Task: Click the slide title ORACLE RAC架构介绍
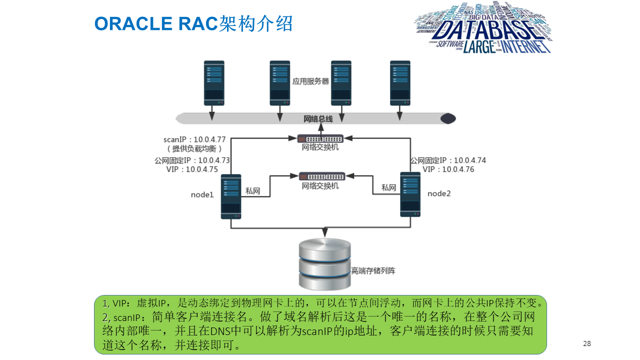pyautogui.click(x=193, y=23)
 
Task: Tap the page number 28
pyautogui.click(x=587, y=343)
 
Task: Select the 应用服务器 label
pyautogui.click(x=310, y=81)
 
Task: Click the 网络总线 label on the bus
pyautogui.click(x=318, y=119)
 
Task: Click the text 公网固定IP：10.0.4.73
pyautogui.click(x=192, y=160)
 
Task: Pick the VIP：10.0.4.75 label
pyautogui.click(x=192, y=169)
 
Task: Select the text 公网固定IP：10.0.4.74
pyautogui.click(x=448, y=160)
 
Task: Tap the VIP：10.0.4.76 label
pyautogui.click(x=448, y=169)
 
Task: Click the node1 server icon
pyautogui.click(x=231, y=196)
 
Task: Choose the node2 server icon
pyautogui.click(x=410, y=194)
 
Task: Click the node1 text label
pyautogui.click(x=202, y=194)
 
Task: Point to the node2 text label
pyautogui.click(x=439, y=193)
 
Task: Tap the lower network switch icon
pyautogui.click(x=322, y=176)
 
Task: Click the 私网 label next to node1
pyautogui.click(x=252, y=190)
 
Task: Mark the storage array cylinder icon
pyautogui.click(x=324, y=264)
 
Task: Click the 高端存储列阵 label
pyautogui.click(x=373, y=271)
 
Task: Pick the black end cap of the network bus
pyautogui.click(x=447, y=118)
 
